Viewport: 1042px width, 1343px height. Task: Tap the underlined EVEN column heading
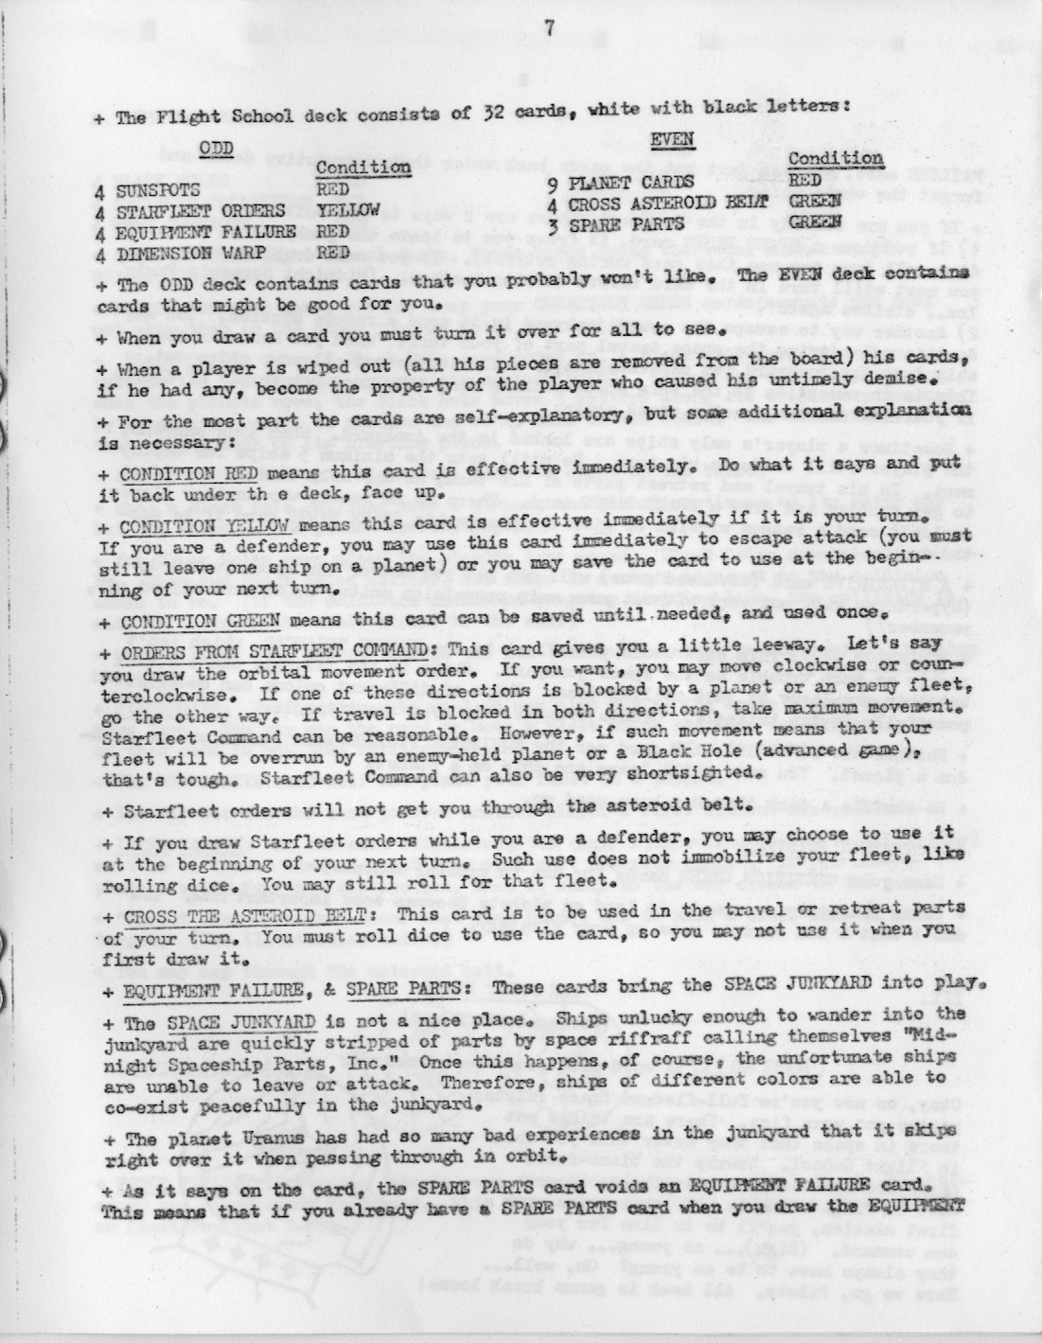pyautogui.click(x=672, y=140)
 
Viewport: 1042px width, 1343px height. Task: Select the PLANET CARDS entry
pyautogui.click(x=630, y=182)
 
